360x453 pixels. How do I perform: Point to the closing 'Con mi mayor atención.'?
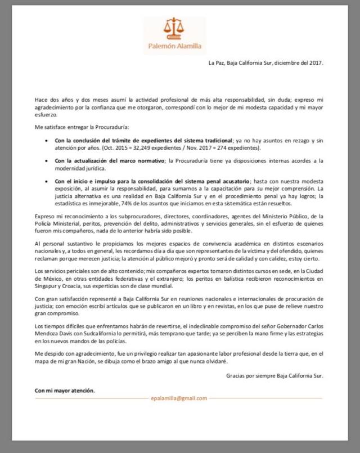[65, 389]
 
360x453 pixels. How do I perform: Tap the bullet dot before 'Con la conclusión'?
[46, 139]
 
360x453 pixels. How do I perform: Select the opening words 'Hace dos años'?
[53, 98]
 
